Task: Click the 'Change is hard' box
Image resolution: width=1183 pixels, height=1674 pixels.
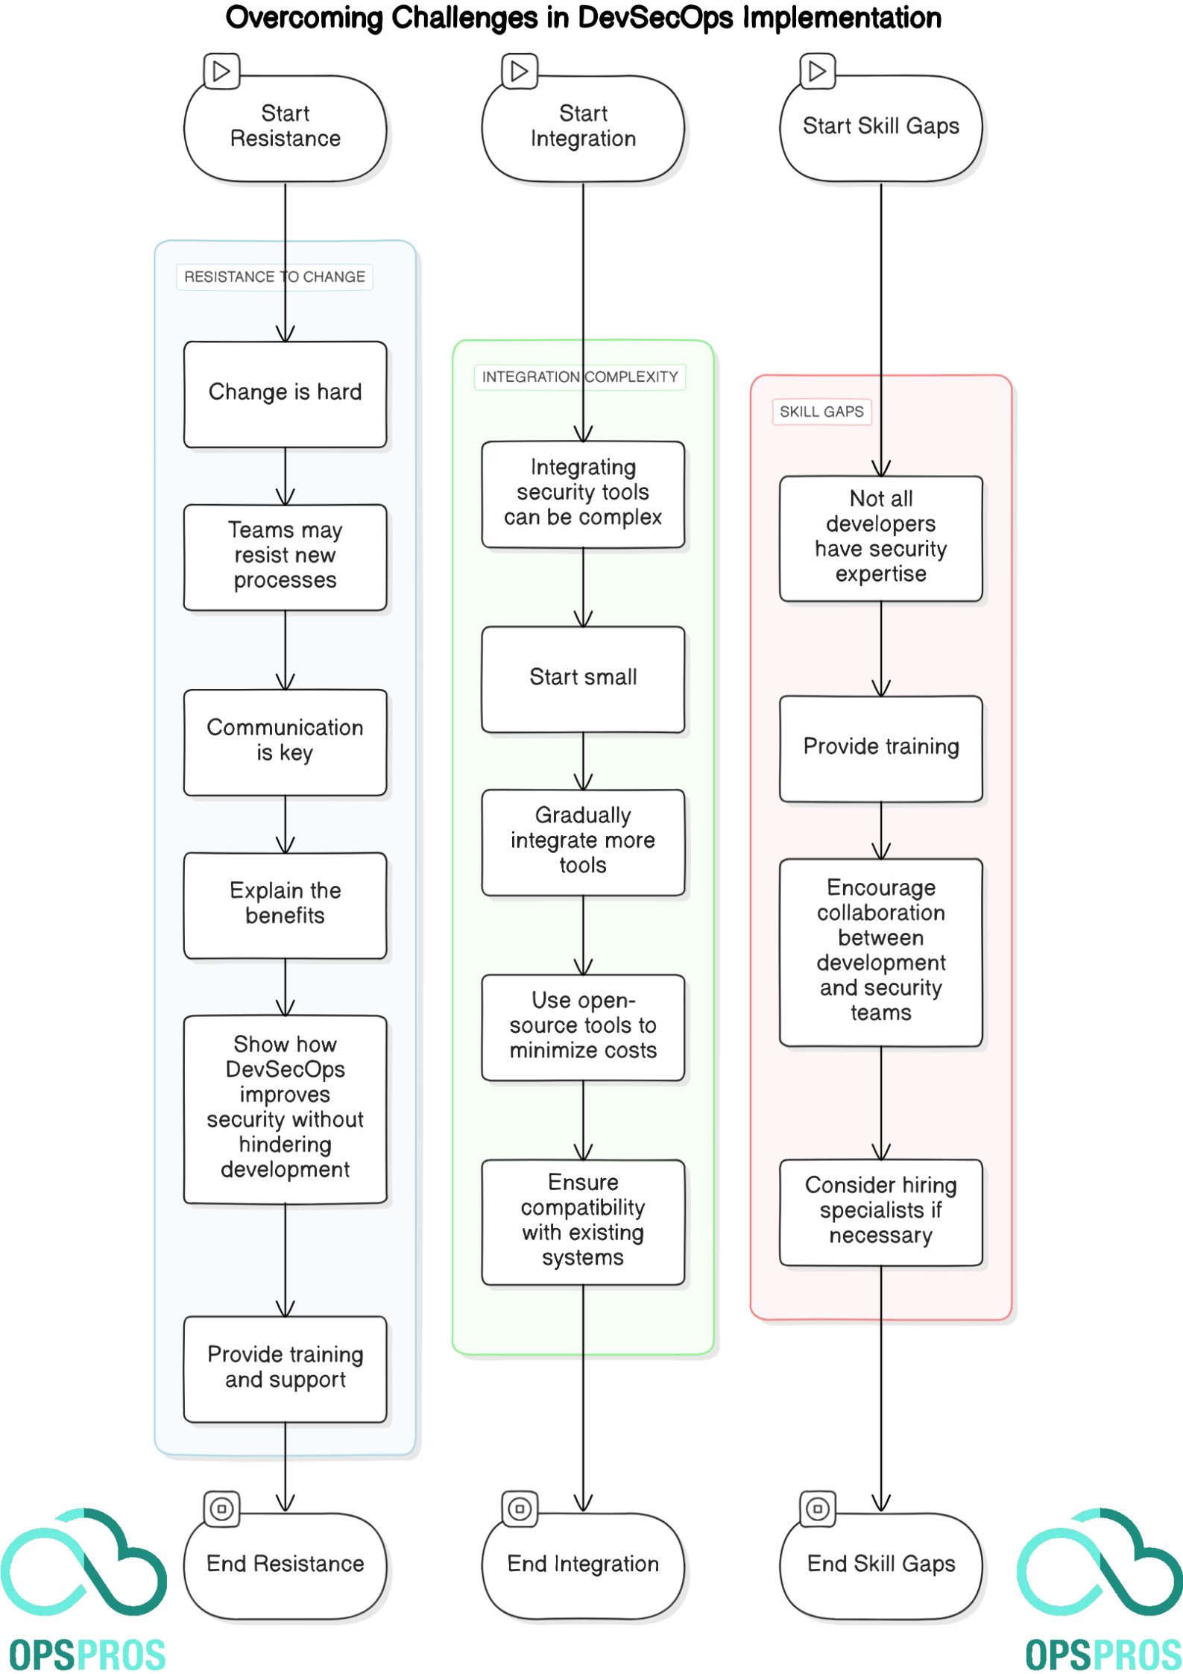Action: pyautogui.click(x=285, y=394)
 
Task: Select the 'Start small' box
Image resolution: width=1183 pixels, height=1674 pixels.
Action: pyautogui.click(x=583, y=679)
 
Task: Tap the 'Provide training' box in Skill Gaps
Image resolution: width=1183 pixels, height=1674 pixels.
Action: pyautogui.click(x=880, y=748)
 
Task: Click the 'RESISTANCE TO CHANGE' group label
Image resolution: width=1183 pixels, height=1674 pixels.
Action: pyautogui.click(x=274, y=277)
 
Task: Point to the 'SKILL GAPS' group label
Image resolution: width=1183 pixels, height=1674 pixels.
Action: pyautogui.click(x=821, y=412)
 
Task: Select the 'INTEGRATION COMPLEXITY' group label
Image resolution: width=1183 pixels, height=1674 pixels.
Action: pyautogui.click(x=579, y=377)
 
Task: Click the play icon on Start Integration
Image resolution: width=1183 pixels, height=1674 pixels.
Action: pyautogui.click(x=519, y=72)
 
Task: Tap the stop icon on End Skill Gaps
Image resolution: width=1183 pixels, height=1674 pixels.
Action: pyautogui.click(x=817, y=1508)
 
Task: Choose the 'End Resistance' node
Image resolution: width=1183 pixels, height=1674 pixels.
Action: pyautogui.click(x=285, y=1564)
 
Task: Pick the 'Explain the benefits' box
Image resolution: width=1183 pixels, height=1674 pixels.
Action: pyautogui.click(x=285, y=904)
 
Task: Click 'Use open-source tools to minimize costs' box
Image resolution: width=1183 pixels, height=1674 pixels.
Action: pyautogui.click(x=583, y=1026)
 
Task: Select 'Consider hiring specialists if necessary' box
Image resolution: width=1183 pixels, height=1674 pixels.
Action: pyautogui.click(x=880, y=1211)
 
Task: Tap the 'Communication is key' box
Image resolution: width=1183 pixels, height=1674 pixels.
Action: pyautogui.click(x=285, y=741)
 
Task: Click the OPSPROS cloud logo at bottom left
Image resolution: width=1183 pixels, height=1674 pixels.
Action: pyautogui.click(x=83, y=1570)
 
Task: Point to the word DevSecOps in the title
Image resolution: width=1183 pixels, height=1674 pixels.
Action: pyautogui.click(x=654, y=17)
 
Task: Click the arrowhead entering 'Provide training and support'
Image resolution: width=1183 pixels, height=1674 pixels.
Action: pyautogui.click(x=285, y=1309)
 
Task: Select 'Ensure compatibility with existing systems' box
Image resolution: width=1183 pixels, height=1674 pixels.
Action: pyautogui.click(x=583, y=1221)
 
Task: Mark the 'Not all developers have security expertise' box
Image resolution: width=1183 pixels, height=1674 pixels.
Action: pyautogui.click(x=880, y=538)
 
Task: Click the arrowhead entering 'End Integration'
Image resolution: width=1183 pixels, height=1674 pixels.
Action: pyautogui.click(x=583, y=1502)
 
